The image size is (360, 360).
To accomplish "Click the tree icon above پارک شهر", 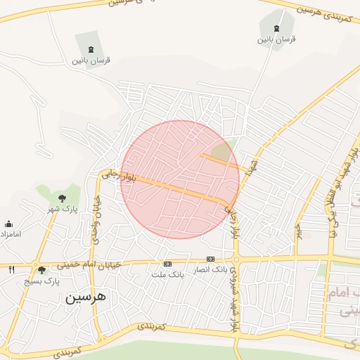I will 63,198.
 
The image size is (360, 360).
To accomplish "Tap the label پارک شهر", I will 63,209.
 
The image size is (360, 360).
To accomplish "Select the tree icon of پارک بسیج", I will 42,270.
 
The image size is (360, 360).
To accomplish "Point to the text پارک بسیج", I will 42,281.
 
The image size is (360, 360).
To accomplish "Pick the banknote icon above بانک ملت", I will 167,264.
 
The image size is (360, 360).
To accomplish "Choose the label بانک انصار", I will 210,269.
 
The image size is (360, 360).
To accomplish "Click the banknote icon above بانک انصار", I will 210,259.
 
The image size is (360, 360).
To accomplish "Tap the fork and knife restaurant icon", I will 12,269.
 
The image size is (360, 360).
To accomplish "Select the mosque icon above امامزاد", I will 8,224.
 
